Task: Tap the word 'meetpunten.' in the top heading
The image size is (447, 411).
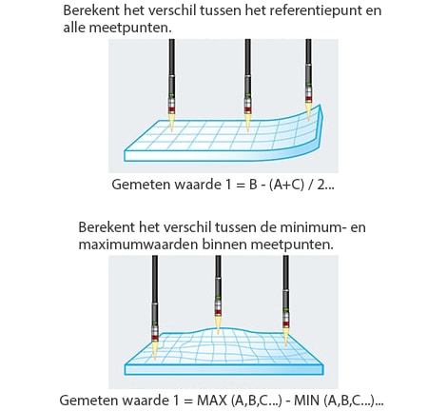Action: point(130,28)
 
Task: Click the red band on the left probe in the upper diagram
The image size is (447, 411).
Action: point(171,110)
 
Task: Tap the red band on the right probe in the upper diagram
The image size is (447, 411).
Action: point(308,99)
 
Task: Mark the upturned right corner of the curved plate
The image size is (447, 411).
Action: point(321,106)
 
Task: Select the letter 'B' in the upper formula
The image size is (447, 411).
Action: point(253,185)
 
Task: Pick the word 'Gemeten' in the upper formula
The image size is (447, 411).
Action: point(141,185)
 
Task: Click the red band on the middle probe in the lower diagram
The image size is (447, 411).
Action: point(218,312)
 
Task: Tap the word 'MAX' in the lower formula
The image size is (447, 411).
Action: point(212,401)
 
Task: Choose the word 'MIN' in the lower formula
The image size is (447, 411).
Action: point(306,401)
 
